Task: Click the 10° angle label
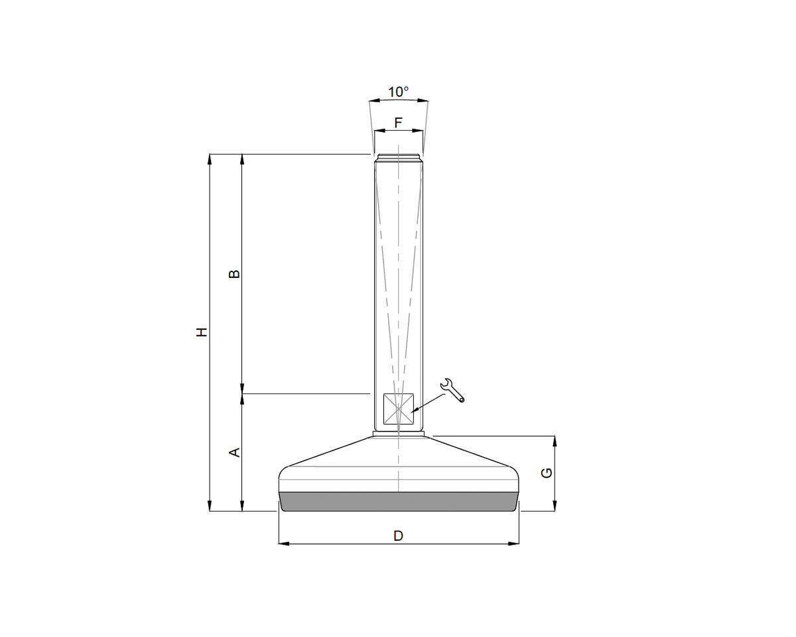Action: (x=398, y=92)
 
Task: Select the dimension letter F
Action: (x=398, y=123)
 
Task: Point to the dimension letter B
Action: (x=233, y=274)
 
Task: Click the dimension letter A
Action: (x=233, y=453)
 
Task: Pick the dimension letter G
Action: (x=547, y=472)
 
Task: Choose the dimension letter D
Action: (x=398, y=535)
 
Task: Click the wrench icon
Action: (x=453, y=390)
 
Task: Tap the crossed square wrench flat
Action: (x=398, y=409)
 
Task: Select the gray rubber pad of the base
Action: (x=398, y=502)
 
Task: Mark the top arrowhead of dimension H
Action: (x=210, y=159)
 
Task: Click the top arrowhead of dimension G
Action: (x=555, y=441)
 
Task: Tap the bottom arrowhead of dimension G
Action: (x=555, y=507)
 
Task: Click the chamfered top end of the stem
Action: (x=398, y=159)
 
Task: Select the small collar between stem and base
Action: (x=398, y=434)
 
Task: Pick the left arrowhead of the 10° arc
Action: (x=373, y=102)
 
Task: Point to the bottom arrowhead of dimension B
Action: (x=242, y=389)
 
